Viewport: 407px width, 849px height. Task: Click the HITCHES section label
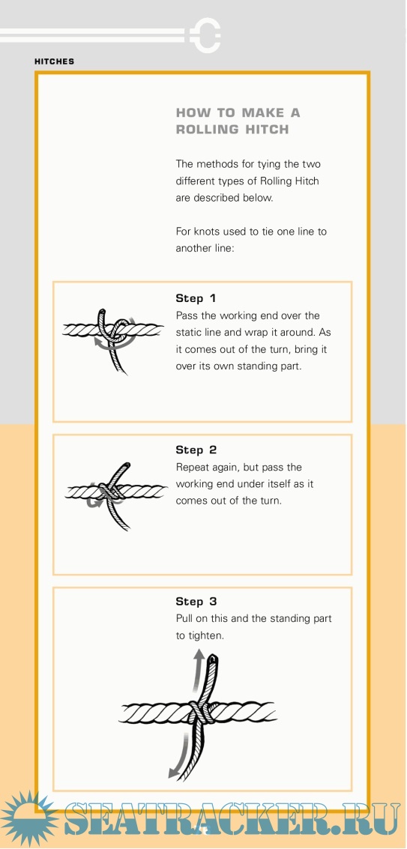54,61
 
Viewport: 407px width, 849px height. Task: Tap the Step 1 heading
196,298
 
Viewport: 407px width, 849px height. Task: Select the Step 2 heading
196,450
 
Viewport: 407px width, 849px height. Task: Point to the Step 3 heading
196,602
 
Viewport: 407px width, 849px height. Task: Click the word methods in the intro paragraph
216,163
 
